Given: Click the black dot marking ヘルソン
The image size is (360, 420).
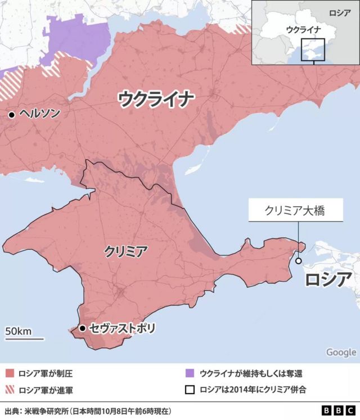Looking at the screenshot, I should [11, 115].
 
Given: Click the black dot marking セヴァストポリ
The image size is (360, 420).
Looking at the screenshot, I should [83, 328].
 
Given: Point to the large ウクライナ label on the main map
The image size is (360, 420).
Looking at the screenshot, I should [156, 100].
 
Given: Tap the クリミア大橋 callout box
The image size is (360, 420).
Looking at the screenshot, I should [296, 211].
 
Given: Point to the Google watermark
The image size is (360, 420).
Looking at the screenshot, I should [341, 352].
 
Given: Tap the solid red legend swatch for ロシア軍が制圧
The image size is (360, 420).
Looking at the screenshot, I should [10, 373].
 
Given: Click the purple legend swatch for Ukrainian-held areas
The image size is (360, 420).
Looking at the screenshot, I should [190, 373].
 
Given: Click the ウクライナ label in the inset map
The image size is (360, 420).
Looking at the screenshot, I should [304, 29].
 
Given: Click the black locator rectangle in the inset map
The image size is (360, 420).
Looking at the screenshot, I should [313, 49].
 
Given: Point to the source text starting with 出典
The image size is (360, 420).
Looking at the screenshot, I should [88, 410].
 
